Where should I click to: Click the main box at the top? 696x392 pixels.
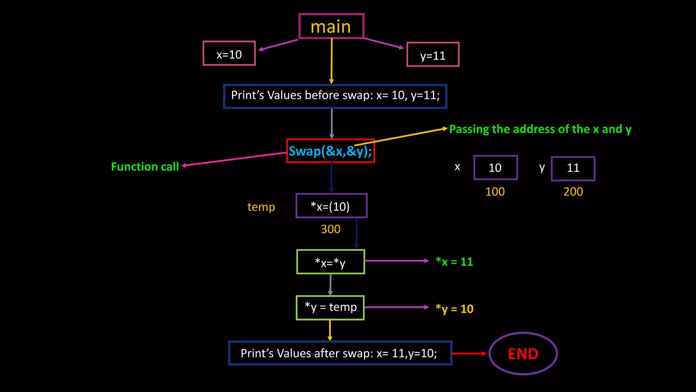(x=331, y=27)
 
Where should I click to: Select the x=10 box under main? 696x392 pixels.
(x=229, y=54)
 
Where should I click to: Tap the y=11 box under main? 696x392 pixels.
(x=433, y=55)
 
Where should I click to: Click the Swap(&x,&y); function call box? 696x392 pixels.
(x=330, y=151)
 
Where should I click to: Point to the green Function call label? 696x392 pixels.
(x=145, y=167)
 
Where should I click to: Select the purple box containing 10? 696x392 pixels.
(x=495, y=168)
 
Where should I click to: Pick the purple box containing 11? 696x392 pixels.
(x=573, y=168)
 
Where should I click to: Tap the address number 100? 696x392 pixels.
(x=495, y=192)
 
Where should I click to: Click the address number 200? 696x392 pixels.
(x=573, y=192)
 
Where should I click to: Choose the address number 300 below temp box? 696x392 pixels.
(x=331, y=229)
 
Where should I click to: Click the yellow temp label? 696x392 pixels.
(x=261, y=207)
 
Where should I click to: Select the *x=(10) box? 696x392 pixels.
(x=331, y=206)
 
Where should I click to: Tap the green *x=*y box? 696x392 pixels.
(x=330, y=262)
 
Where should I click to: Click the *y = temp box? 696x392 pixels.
(x=330, y=308)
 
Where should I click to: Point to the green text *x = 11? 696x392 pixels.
(x=454, y=262)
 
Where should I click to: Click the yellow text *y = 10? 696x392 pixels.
(x=454, y=309)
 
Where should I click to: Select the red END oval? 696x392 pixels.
(x=523, y=354)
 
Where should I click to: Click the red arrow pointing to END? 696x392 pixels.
(x=469, y=354)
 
